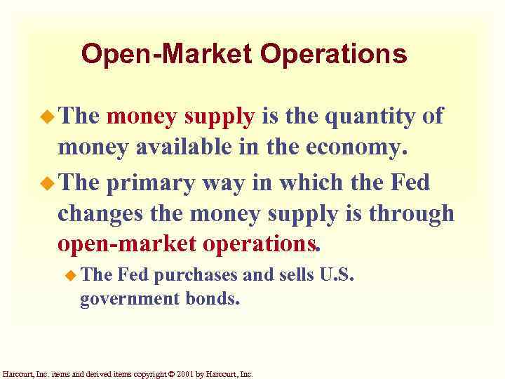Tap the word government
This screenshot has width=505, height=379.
(x=130, y=300)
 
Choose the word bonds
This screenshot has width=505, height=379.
(x=213, y=300)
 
